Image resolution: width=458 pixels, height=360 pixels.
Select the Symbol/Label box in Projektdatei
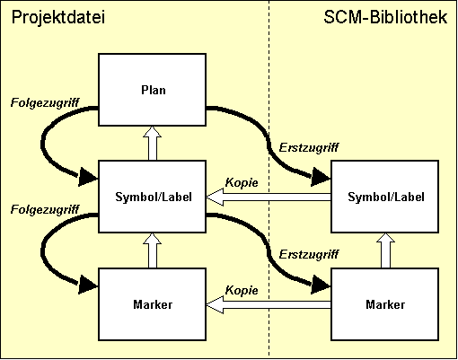pyautogui.click(x=152, y=197)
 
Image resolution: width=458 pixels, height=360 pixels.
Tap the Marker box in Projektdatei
pyautogui.click(x=152, y=304)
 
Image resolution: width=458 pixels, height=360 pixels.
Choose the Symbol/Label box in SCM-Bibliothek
pyautogui.click(x=385, y=197)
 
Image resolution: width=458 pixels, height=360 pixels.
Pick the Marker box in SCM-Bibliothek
pyautogui.click(x=385, y=304)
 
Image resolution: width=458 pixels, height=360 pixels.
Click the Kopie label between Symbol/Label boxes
pyautogui.click(x=242, y=182)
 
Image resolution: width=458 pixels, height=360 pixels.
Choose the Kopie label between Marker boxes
pyautogui.click(x=242, y=290)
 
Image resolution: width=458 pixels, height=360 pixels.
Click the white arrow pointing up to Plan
pyautogui.click(x=152, y=143)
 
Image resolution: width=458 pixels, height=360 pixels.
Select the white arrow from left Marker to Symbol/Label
pyautogui.click(x=152, y=250)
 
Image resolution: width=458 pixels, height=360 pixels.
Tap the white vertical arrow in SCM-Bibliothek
pyautogui.click(x=385, y=250)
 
